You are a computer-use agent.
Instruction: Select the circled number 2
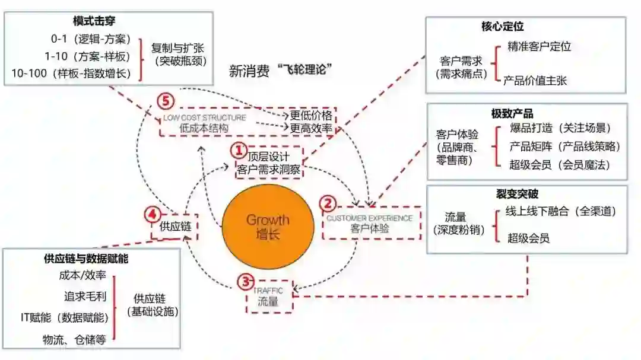[x=328, y=203]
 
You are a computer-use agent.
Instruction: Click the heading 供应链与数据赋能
[x=86, y=259]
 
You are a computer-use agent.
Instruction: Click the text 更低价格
[x=312, y=114]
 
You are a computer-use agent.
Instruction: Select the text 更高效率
[x=312, y=128]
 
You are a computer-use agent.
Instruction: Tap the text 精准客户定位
[x=540, y=46]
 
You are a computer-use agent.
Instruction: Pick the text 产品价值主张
[x=535, y=80]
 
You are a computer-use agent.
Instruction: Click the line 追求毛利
[x=85, y=295]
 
